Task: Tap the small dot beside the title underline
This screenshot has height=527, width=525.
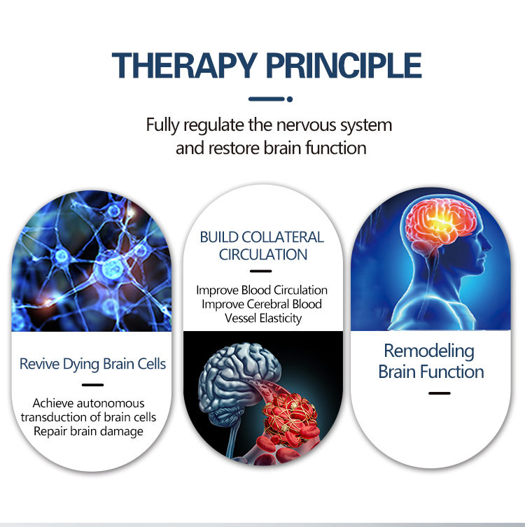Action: click(x=290, y=99)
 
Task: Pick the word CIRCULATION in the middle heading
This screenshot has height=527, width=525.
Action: click(x=262, y=255)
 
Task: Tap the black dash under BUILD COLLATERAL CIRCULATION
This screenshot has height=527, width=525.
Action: click(x=260, y=270)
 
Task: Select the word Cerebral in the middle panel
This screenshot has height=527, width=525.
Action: click(x=272, y=304)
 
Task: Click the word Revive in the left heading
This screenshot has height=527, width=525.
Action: click(x=41, y=365)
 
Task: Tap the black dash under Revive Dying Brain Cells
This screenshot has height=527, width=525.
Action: click(x=92, y=384)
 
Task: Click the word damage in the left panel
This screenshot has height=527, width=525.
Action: click(x=120, y=431)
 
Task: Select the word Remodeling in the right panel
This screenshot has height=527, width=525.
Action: click(x=429, y=351)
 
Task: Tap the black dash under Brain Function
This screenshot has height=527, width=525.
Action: click(x=439, y=393)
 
